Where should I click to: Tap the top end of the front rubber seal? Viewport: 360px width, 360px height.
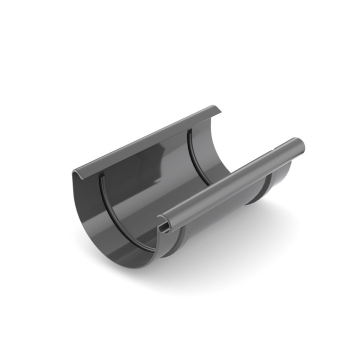pos(101,176)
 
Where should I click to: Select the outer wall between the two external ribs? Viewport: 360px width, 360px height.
pos(220,220)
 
